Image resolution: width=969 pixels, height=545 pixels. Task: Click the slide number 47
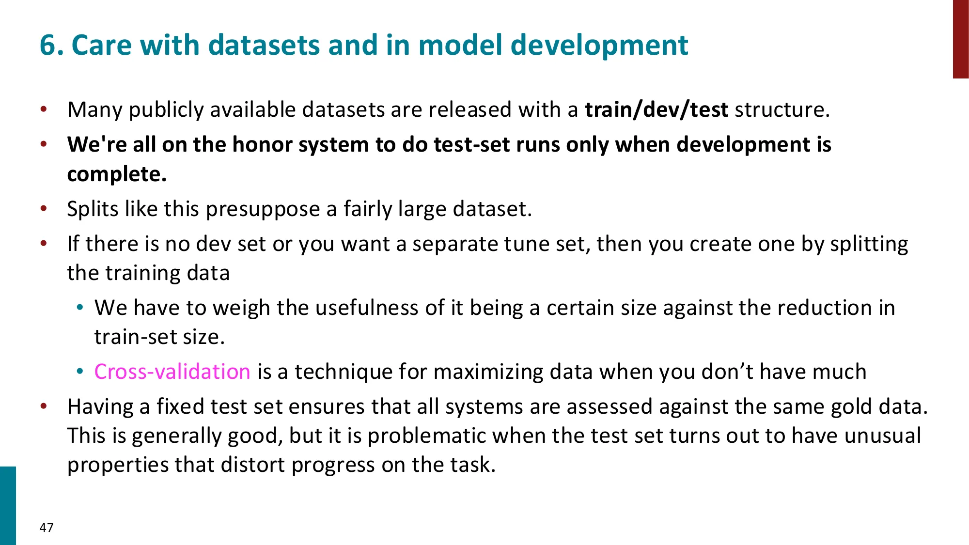47,528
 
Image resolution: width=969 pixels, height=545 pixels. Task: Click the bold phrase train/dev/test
656,110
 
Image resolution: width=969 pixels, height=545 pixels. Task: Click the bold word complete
117,174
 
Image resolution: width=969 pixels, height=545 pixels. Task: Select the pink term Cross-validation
172,372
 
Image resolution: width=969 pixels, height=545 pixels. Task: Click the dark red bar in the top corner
961,39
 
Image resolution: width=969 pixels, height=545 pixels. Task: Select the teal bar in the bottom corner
8,506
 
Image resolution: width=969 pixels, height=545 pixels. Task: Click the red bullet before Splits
44,209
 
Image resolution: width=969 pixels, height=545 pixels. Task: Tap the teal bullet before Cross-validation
80,372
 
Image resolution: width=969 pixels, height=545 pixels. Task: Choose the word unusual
883,436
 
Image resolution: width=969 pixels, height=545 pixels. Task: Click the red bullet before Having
44,406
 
